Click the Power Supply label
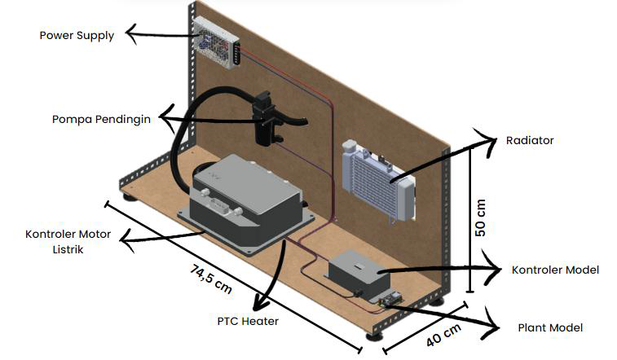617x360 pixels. [x=77, y=35]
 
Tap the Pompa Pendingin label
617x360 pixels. [x=101, y=119]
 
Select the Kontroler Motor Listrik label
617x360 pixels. [x=68, y=242]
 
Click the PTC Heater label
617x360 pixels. [x=248, y=321]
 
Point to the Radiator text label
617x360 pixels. [x=530, y=140]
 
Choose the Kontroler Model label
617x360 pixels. [x=555, y=270]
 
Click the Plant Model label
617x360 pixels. [x=550, y=327]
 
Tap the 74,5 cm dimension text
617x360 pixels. [x=211, y=279]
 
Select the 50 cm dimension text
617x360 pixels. [x=480, y=217]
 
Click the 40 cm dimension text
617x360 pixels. [x=443, y=335]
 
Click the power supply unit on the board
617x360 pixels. [x=216, y=42]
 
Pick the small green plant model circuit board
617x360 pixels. [x=390, y=300]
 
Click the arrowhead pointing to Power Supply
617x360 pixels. [x=132, y=33]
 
